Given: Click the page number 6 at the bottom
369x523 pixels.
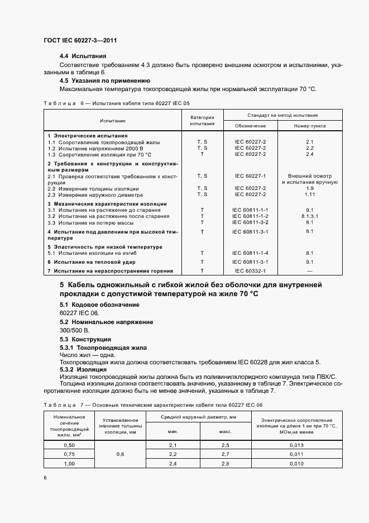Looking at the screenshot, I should pyautogui.click(x=45, y=477).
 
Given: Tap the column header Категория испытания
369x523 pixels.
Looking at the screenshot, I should pyautogui.click(x=202, y=121).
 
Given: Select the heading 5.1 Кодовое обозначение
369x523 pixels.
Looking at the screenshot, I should pyautogui.click(x=99, y=305).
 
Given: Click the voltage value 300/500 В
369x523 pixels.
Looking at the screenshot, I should pyautogui.click(x=74, y=330).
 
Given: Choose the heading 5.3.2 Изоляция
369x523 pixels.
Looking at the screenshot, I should pyautogui.click(x=83, y=369).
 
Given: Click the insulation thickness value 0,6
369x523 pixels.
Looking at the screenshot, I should pyautogui.click(x=120, y=455).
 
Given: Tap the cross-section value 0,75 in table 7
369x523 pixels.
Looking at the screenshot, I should pyautogui.click(x=70, y=455).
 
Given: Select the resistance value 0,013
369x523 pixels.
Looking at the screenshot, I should pyautogui.click(x=296, y=445).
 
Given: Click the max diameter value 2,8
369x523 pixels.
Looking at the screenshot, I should pyautogui.click(x=226, y=464).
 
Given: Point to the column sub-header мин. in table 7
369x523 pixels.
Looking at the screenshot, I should pyautogui.click(x=173, y=431).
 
